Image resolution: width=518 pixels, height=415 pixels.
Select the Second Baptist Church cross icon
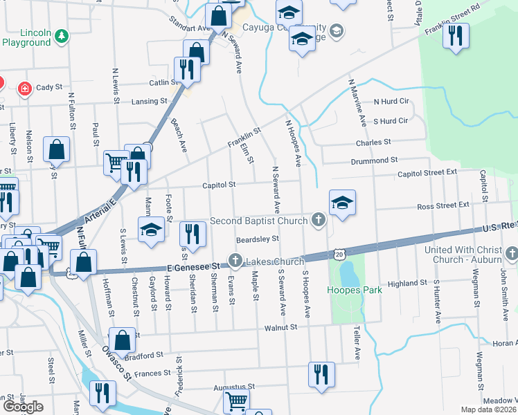pos(318,221)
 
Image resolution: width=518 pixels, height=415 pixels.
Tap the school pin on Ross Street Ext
pos(342,202)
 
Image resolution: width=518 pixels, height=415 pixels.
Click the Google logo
pos(22,407)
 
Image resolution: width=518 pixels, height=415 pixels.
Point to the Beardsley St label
pos(257,239)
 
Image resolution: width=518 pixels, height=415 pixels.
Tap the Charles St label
pos(373,142)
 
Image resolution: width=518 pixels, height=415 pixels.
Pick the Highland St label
pos(407,284)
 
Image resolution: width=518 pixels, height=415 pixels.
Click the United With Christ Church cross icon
pos(512,255)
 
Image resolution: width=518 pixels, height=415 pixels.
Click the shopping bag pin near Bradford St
pos(122,340)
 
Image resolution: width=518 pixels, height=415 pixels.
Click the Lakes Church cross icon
pos(235,261)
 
